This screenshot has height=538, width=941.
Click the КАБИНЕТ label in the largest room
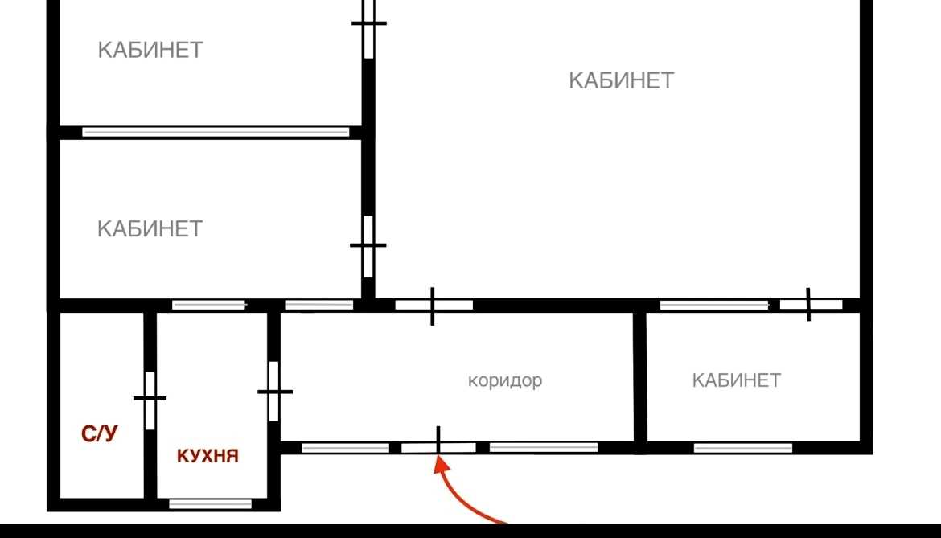pyautogui.click(x=621, y=80)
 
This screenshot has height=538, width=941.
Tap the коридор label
pyautogui.click(x=505, y=381)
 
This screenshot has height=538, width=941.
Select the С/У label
pyautogui.click(x=99, y=433)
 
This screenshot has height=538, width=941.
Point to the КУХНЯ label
pyautogui.click(x=208, y=456)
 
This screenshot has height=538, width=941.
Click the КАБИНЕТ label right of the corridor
pyautogui.click(x=737, y=380)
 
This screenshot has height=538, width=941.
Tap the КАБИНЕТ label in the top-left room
pyautogui.click(x=150, y=50)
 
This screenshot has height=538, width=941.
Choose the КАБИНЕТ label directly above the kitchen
pyautogui.click(x=150, y=228)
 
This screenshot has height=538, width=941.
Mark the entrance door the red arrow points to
pyautogui.click(x=438, y=447)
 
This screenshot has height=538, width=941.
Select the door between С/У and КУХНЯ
pyautogui.click(x=150, y=400)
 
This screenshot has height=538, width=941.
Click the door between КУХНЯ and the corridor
pyautogui.click(x=274, y=391)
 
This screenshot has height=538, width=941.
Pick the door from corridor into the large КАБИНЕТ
pyautogui.click(x=434, y=305)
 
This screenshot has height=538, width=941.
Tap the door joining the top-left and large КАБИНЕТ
pyautogui.click(x=368, y=27)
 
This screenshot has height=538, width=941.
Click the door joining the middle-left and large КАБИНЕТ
pyautogui.click(x=368, y=246)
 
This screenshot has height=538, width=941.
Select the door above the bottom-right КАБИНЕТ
pyautogui.click(x=810, y=305)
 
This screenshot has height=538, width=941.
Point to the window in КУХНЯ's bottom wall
pyautogui.click(x=210, y=504)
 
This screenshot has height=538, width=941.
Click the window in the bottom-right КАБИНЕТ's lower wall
pyautogui.click(x=743, y=447)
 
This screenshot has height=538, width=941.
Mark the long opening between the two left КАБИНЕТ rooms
pyautogui.click(x=216, y=132)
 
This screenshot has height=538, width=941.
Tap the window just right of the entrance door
pyautogui.click(x=544, y=447)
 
